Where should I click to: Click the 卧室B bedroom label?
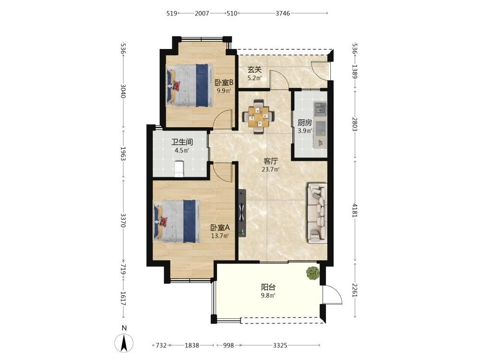224,83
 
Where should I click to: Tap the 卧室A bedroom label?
220,228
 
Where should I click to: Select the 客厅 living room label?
271,161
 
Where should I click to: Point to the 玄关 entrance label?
254,70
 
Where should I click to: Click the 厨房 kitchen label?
305,123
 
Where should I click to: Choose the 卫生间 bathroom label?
182,142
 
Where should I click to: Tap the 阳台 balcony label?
268,287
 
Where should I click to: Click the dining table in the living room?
258,116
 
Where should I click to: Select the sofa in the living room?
317,214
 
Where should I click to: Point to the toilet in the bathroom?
179,168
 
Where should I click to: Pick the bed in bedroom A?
177,221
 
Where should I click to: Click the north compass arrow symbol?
124,343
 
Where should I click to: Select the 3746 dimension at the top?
283,13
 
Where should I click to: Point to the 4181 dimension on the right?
355,210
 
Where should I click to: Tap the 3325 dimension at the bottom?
280,345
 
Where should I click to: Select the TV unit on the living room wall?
242,213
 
